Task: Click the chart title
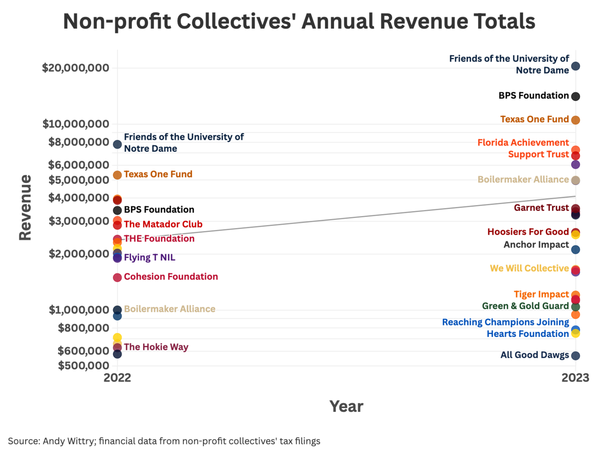pyautogui.click(x=299, y=22)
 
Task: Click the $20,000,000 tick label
pyautogui.click(x=75, y=68)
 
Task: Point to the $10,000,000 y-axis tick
pyautogui.click(x=76, y=124)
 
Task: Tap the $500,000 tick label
pyautogui.click(x=83, y=366)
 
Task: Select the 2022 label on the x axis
pyautogui.click(x=117, y=378)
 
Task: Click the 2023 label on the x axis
pyautogui.click(x=575, y=378)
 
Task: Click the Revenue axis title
pyautogui.click(x=25, y=207)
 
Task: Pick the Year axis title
pyautogui.click(x=346, y=406)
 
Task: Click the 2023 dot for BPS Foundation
pyautogui.click(x=575, y=96)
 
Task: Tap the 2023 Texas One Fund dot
pyautogui.click(x=575, y=120)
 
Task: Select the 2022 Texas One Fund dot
pyautogui.click(x=117, y=175)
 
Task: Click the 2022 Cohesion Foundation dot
pyautogui.click(x=117, y=277)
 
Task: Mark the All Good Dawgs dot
pyautogui.click(x=575, y=356)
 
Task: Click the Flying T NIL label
pyautogui.click(x=149, y=257)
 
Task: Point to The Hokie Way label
pyautogui.click(x=156, y=347)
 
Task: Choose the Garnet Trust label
pyautogui.click(x=541, y=208)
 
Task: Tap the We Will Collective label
pyautogui.click(x=529, y=268)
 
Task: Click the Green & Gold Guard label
pyautogui.click(x=525, y=306)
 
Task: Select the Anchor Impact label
pyautogui.click(x=536, y=245)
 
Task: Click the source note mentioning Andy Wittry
pyautogui.click(x=164, y=441)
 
